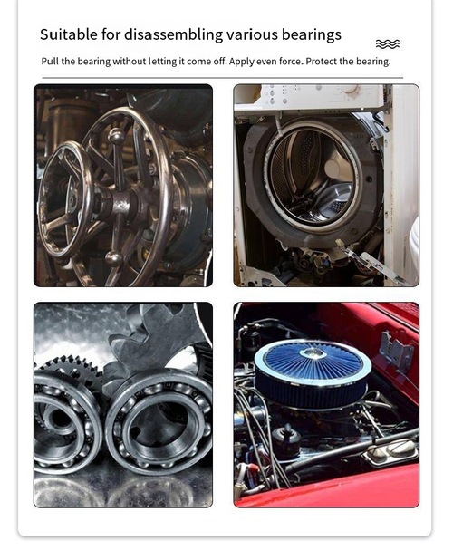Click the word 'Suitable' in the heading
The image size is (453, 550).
point(68,35)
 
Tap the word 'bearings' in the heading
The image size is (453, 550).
point(311,35)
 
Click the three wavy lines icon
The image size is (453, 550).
point(387,43)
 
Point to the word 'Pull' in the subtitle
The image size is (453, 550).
point(51,62)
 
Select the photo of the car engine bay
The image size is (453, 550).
point(326,404)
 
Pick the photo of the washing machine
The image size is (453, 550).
point(326,185)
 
